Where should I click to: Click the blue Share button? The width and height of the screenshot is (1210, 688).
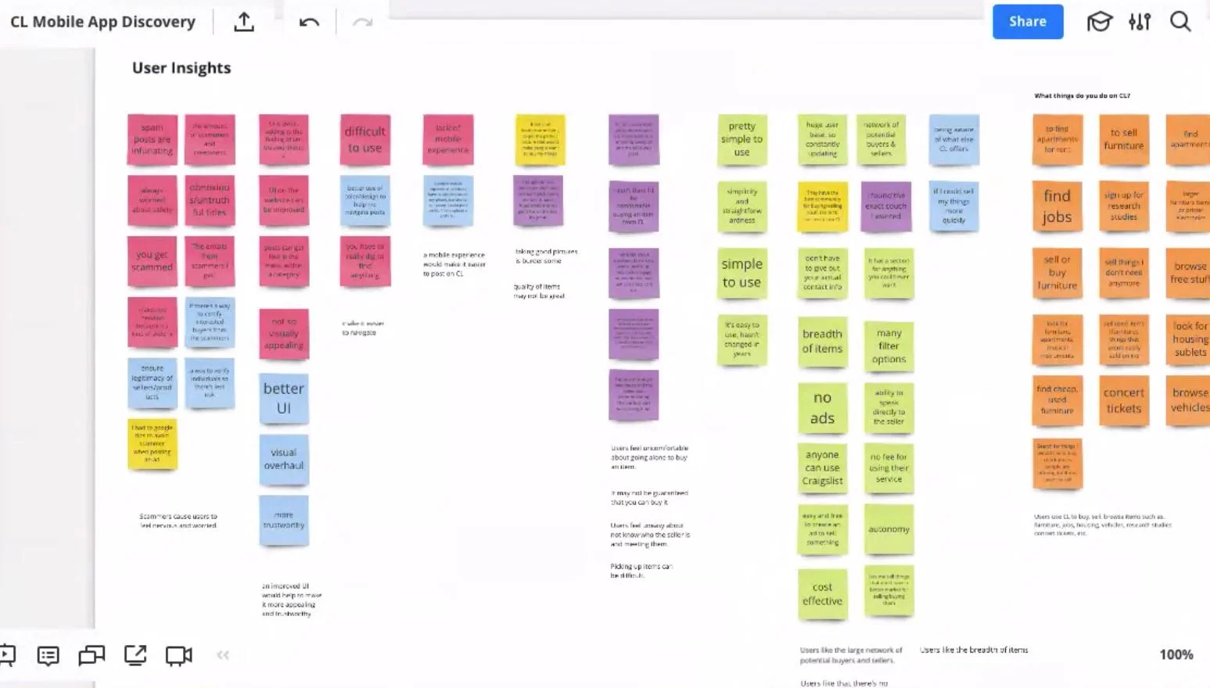coord(1027,22)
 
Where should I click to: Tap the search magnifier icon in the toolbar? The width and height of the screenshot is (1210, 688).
coord(1180,22)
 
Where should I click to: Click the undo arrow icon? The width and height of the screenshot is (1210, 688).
coord(309,22)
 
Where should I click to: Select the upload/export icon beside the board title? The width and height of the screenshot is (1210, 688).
coord(244,22)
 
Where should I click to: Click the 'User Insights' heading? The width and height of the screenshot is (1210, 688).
coord(181,68)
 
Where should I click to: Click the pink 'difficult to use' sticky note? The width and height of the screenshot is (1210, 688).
coord(365,139)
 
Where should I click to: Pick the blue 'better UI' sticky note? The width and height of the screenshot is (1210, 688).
coord(284,398)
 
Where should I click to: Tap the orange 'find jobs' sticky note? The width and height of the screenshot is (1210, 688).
coord(1057,206)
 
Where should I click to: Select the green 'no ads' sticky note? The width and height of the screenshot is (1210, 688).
coord(822,407)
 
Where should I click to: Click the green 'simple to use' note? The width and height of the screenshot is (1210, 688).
coord(741,273)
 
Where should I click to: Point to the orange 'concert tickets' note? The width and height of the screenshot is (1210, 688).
coord(1123,400)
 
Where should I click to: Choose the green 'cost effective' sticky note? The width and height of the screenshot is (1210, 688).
coord(822,594)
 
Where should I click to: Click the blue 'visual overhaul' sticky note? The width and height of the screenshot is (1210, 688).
coord(284,459)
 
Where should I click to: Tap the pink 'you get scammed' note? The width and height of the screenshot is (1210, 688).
coord(152,261)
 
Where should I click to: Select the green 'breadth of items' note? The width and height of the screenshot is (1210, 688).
coord(822,341)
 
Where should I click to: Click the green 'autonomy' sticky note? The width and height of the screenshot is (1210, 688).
coord(889,529)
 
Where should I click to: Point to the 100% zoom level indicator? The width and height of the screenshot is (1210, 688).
coord(1176,655)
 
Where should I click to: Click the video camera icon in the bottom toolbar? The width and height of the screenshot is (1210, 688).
coord(178,655)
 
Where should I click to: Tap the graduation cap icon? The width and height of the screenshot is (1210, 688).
coord(1099,22)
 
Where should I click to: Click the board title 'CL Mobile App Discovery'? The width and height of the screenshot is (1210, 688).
coord(102,22)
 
